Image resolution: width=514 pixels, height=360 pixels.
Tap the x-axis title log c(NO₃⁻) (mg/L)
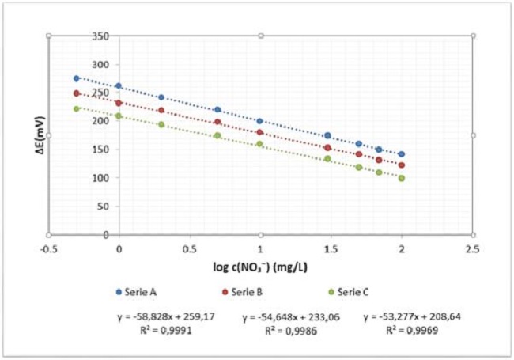point(260,265)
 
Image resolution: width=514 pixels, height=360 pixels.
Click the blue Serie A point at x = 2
point(402,154)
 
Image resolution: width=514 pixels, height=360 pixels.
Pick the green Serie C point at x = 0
point(119,116)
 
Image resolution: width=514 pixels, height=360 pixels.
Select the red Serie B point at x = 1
point(260,132)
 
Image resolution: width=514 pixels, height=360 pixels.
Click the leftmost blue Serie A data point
point(77,78)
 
